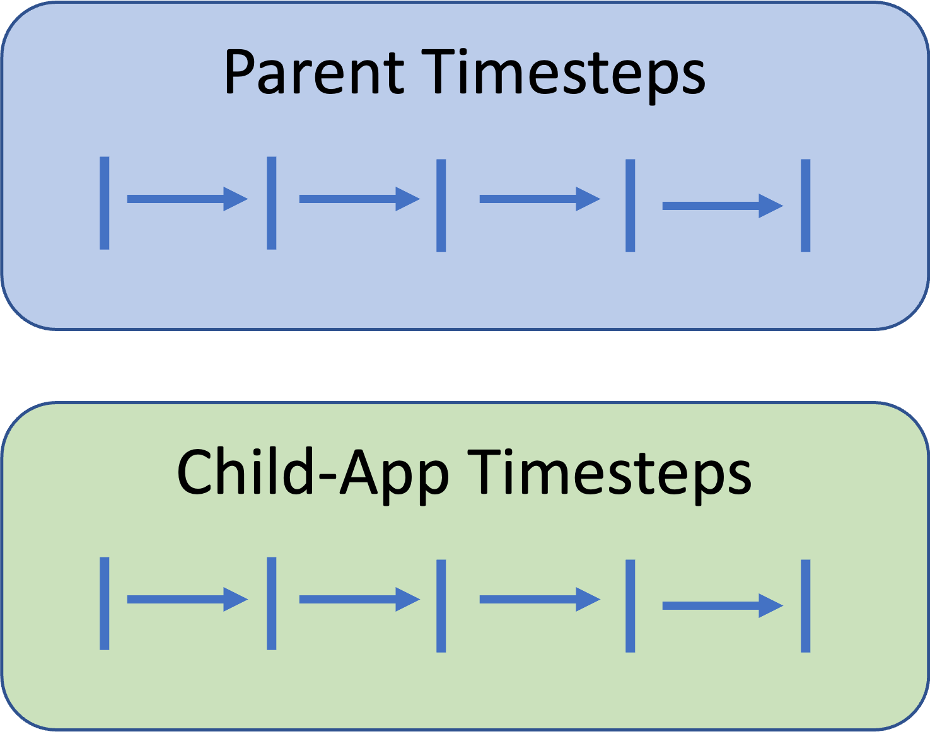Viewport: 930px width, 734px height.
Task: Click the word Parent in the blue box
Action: tap(314, 72)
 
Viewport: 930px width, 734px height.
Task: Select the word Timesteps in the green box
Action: tap(609, 476)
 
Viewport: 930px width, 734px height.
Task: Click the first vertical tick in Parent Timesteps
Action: tap(105, 203)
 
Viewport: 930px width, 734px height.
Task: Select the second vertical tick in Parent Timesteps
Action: tap(271, 203)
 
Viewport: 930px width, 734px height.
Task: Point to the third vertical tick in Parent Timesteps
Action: tap(441, 206)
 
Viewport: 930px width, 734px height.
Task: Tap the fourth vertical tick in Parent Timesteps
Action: tap(630, 206)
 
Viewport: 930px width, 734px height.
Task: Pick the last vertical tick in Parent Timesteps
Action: tap(806, 206)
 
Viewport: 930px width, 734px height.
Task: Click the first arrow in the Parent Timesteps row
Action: tap(187, 199)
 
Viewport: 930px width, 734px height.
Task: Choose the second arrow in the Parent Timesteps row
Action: tap(359, 199)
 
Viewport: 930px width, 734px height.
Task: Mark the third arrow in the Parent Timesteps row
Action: tap(540, 199)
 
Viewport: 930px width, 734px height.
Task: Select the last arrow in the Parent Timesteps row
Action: tap(723, 206)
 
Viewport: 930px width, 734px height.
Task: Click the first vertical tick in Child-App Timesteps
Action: tap(105, 603)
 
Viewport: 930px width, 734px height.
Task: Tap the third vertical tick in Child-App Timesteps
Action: tap(441, 606)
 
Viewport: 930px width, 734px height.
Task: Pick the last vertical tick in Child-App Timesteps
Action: tap(806, 606)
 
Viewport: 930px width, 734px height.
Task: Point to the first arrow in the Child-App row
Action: tap(187, 599)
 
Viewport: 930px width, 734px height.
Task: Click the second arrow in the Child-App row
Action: tap(359, 599)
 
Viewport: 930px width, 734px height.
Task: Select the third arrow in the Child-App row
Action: tap(540, 599)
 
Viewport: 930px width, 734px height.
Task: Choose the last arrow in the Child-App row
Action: tap(723, 605)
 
